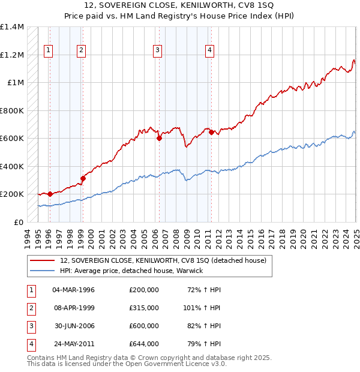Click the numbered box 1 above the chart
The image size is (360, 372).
point(47,50)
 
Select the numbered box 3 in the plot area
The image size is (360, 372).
point(157,50)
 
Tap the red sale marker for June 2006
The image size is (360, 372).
point(159,139)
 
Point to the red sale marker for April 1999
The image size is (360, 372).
point(83,178)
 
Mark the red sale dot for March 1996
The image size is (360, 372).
point(50,194)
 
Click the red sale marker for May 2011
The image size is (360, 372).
point(211,133)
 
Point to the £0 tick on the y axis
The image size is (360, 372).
point(19,222)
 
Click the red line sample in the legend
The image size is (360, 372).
point(42,260)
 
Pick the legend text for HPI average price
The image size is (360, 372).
point(132,271)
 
